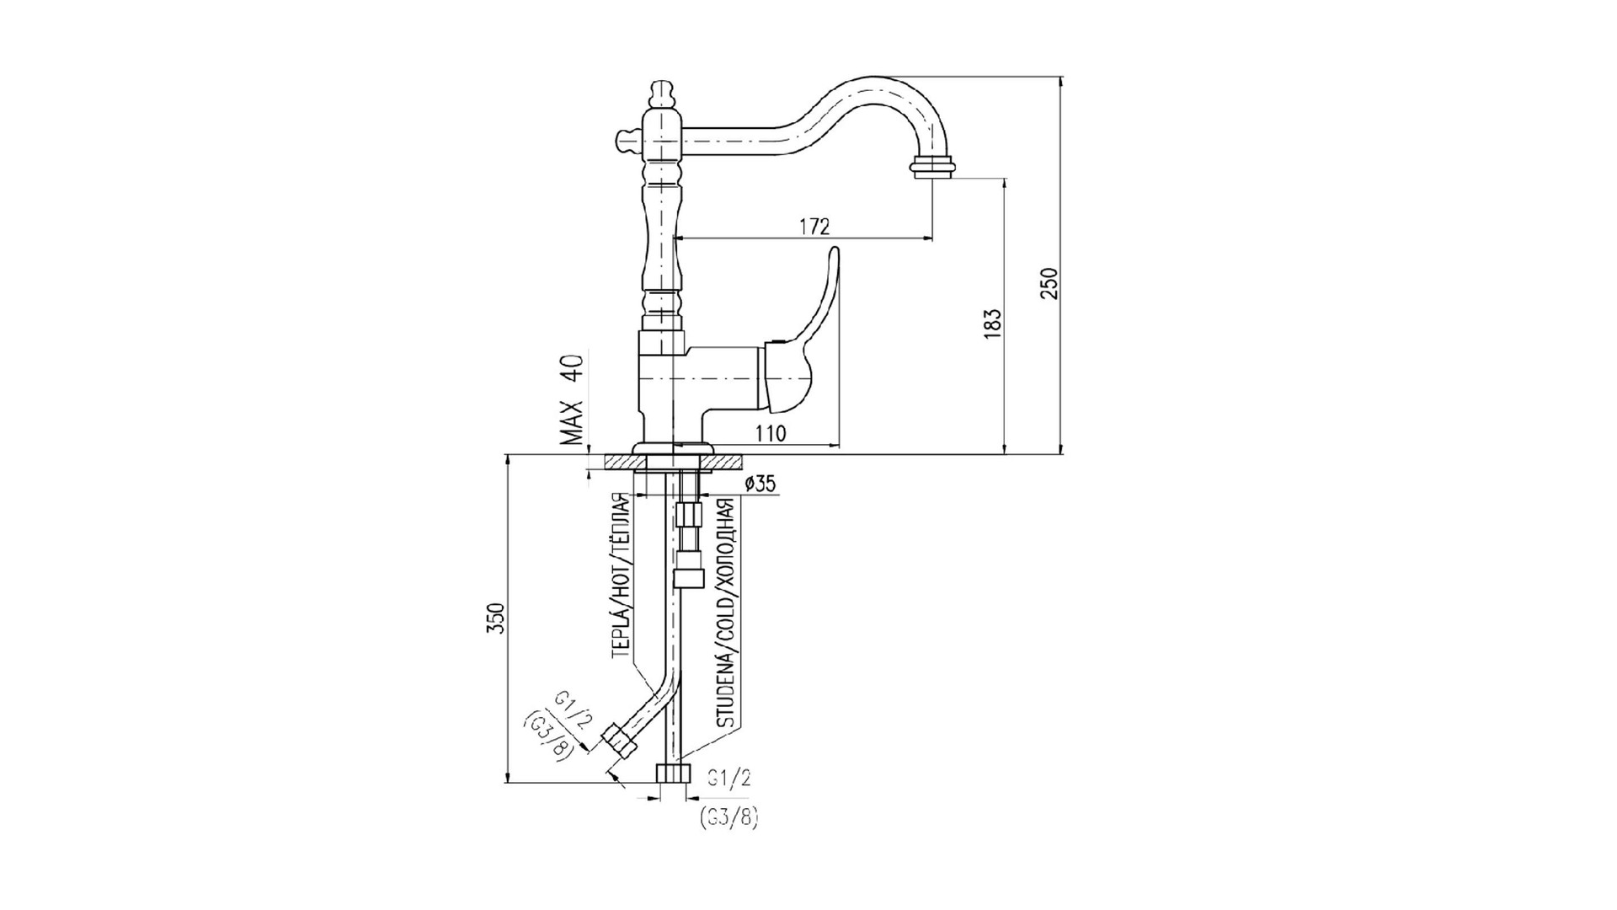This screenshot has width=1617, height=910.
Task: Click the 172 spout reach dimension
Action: tap(814, 227)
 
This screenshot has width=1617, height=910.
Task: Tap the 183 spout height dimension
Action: tap(994, 324)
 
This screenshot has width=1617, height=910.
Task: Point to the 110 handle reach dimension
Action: tap(771, 434)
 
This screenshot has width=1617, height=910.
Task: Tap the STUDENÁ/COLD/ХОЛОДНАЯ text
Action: tap(725, 613)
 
